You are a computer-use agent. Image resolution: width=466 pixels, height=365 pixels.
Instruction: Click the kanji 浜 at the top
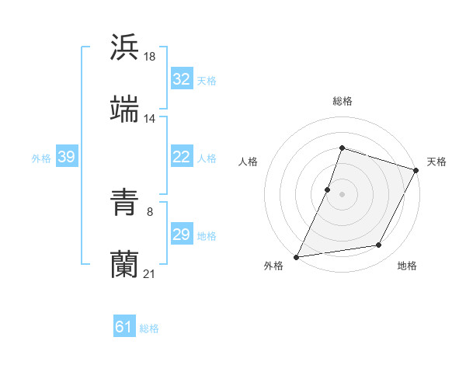point(125,47)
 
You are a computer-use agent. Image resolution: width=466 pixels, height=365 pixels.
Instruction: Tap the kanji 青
point(125,202)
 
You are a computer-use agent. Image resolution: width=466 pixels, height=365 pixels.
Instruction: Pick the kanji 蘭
point(125,263)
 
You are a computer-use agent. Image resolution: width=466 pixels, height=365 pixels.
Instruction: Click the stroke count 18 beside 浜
point(151,56)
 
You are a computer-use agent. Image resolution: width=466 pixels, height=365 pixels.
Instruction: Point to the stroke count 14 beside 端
point(150,118)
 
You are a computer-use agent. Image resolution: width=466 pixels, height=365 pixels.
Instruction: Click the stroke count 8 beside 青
point(150,211)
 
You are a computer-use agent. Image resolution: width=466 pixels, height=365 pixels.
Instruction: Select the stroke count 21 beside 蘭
point(150,273)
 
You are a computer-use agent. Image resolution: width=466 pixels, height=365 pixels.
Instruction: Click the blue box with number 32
point(181,78)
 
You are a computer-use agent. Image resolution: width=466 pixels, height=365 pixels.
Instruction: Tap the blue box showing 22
point(181,157)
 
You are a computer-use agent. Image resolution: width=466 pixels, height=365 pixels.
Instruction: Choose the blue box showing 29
point(181,235)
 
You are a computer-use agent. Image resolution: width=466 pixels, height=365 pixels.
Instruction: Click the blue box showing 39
point(66,157)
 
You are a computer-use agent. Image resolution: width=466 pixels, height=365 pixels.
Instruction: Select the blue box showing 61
point(123,327)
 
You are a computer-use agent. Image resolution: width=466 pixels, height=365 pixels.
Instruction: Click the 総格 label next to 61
point(149,328)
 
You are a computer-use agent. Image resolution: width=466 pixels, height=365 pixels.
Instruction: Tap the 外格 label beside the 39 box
point(41,158)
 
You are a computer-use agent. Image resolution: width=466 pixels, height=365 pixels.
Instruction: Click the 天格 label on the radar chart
point(436,162)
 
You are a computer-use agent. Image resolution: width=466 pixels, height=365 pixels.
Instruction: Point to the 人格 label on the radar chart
point(248,162)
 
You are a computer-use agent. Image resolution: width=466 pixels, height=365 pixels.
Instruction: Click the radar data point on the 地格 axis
point(379,245)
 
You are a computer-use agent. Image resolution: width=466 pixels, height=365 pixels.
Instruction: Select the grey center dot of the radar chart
point(342,193)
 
